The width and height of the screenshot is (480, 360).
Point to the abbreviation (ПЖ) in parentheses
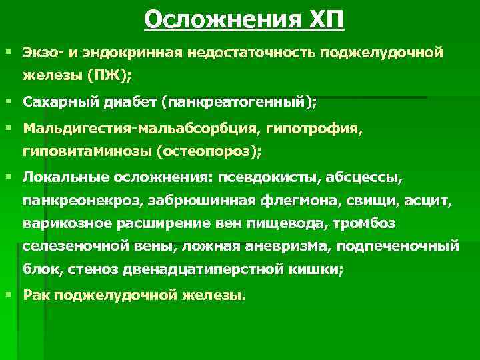(113, 74)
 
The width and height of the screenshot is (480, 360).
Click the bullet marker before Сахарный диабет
(8, 103)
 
